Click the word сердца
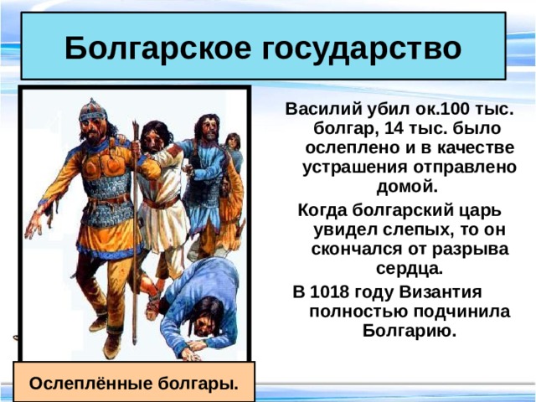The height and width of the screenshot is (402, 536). (x=410, y=269)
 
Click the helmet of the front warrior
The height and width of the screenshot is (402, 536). (x=90, y=110)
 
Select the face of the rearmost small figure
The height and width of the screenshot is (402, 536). (x=232, y=142)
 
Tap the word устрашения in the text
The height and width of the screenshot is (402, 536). (x=358, y=166)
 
